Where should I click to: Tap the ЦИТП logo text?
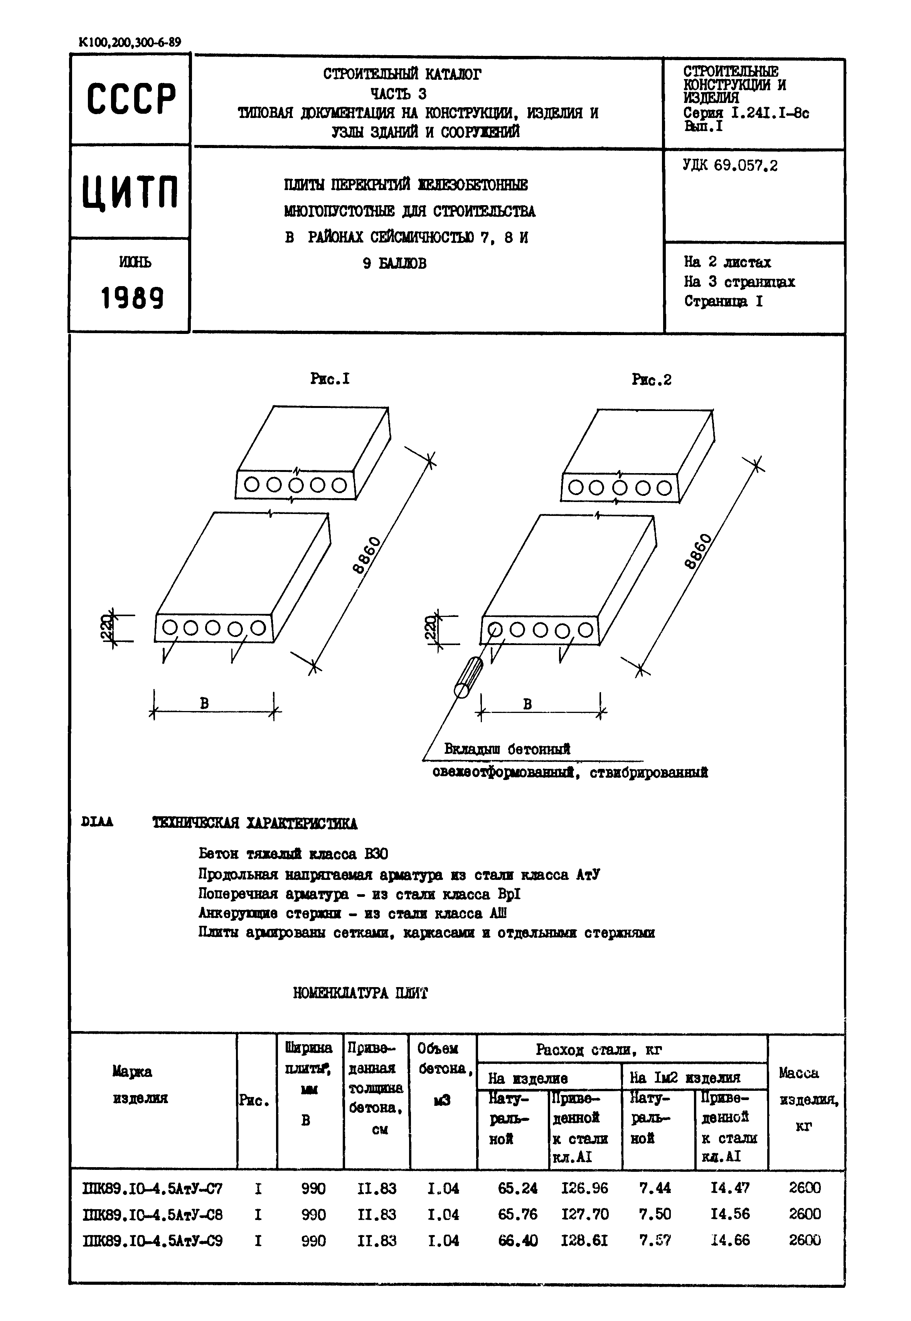(131, 192)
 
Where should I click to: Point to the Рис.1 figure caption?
(329, 379)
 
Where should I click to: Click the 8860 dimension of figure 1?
(366, 555)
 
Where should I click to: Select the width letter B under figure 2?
(527, 704)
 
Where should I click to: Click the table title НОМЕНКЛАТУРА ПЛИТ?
(360, 993)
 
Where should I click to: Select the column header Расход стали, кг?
(598, 1049)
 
